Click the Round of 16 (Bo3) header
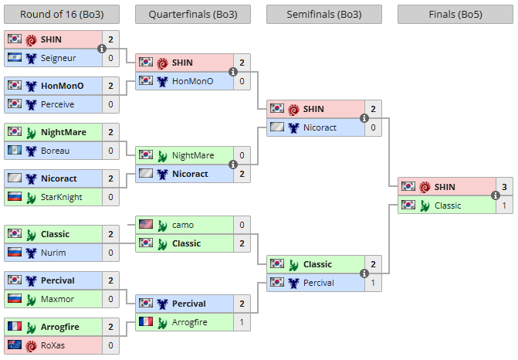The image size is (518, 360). point(62,14)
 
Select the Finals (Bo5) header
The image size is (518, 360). point(455,14)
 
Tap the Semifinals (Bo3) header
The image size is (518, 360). point(324,14)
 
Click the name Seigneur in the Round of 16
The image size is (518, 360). point(58,58)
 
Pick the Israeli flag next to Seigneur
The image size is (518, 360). point(15,57)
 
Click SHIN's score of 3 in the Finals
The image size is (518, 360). point(504,187)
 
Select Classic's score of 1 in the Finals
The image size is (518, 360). point(504,205)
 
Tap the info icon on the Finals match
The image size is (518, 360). point(495,195)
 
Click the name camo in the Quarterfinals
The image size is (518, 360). point(183,225)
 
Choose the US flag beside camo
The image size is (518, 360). point(146,225)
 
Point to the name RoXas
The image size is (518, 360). point(52,345)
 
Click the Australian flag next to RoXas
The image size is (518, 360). point(15,345)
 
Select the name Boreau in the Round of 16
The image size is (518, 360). point(55,151)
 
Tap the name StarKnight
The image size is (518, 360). point(62,197)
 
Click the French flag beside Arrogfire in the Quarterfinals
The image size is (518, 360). point(146,321)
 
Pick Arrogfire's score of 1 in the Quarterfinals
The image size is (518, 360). point(242,322)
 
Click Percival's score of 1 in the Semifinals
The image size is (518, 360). point(373,283)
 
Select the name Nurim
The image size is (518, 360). point(53,253)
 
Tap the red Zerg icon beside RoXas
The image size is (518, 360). point(31,346)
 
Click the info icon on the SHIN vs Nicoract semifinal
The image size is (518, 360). point(364,118)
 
